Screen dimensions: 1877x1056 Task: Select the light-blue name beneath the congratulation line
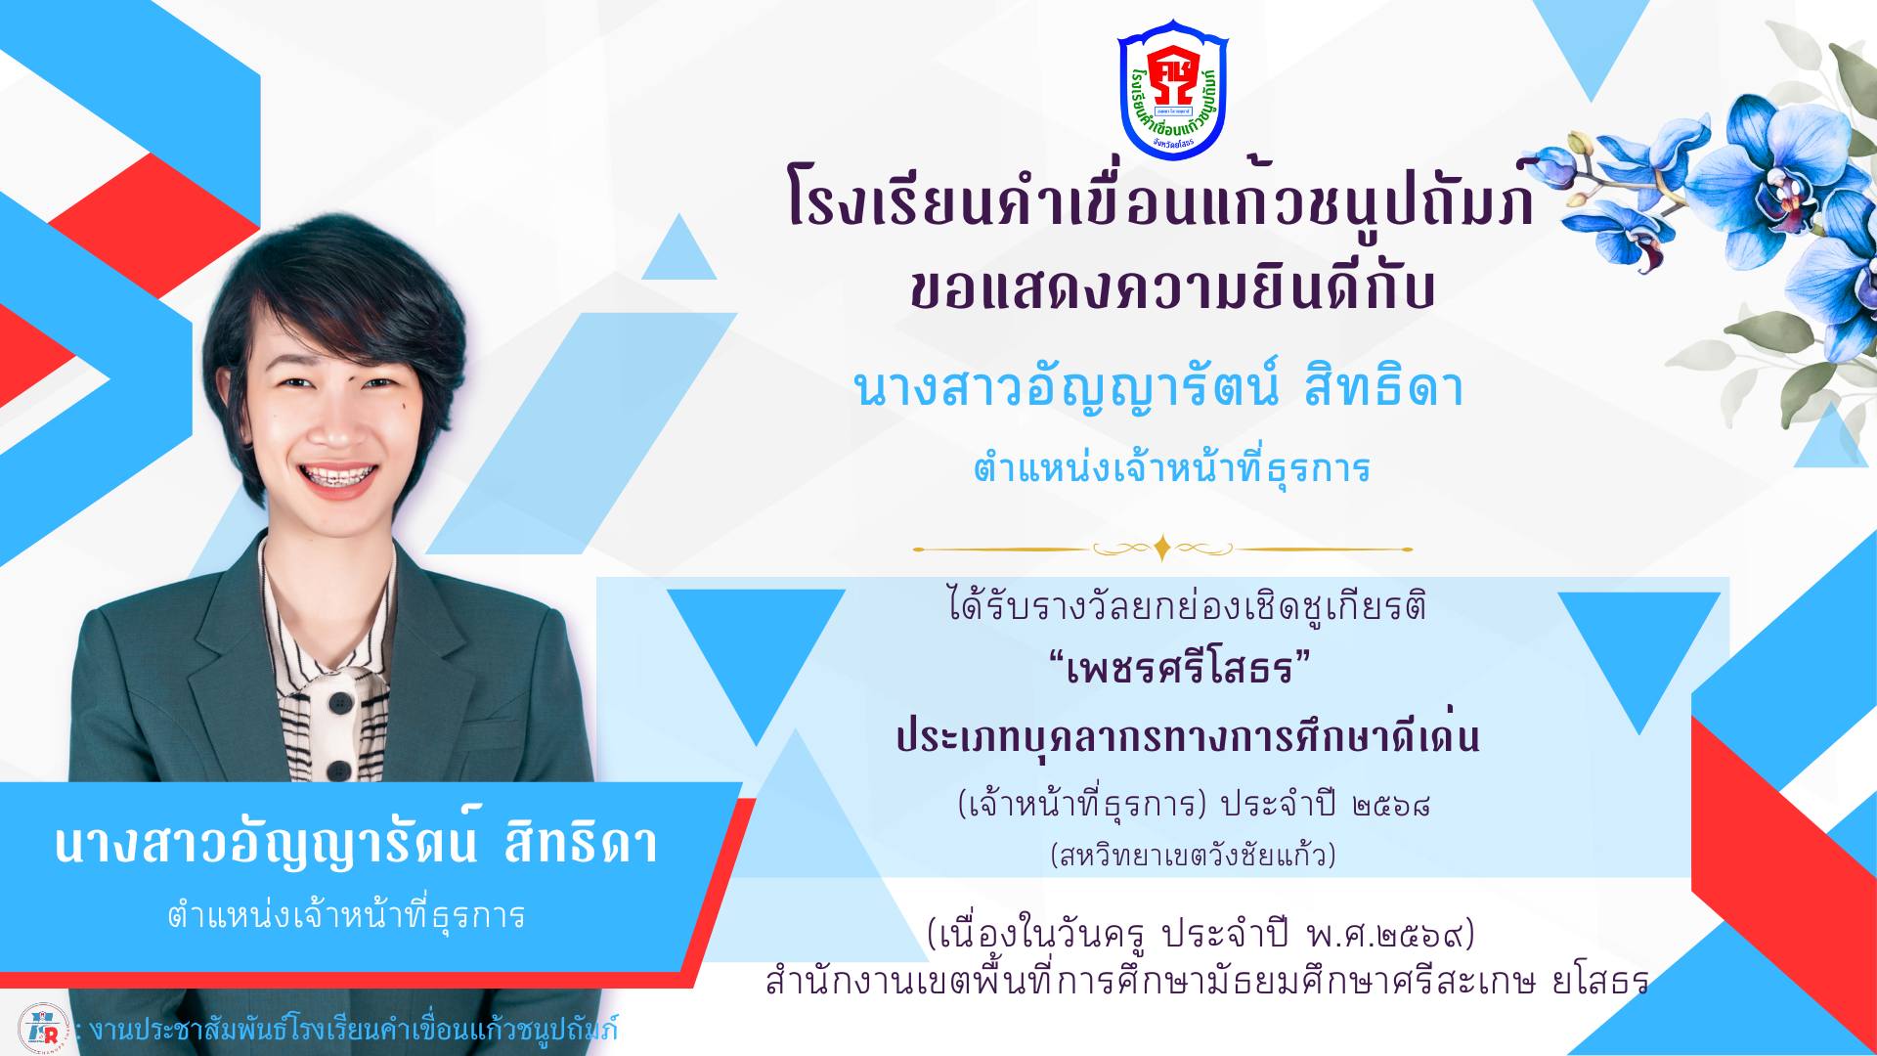coord(1158,386)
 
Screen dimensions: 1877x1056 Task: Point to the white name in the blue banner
coord(356,844)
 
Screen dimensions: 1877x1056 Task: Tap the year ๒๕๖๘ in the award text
coord(1392,806)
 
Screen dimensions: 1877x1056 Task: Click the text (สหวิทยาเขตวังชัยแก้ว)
coord(1193,856)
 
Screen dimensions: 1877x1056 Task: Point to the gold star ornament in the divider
coord(1161,549)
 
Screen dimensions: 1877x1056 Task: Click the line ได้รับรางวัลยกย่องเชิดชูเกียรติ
coord(1187,606)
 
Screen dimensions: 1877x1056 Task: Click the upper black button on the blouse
coord(341,703)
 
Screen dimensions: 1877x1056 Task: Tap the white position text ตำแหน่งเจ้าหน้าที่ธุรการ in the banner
coord(347,916)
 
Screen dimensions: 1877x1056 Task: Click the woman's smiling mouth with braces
coord(337,478)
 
